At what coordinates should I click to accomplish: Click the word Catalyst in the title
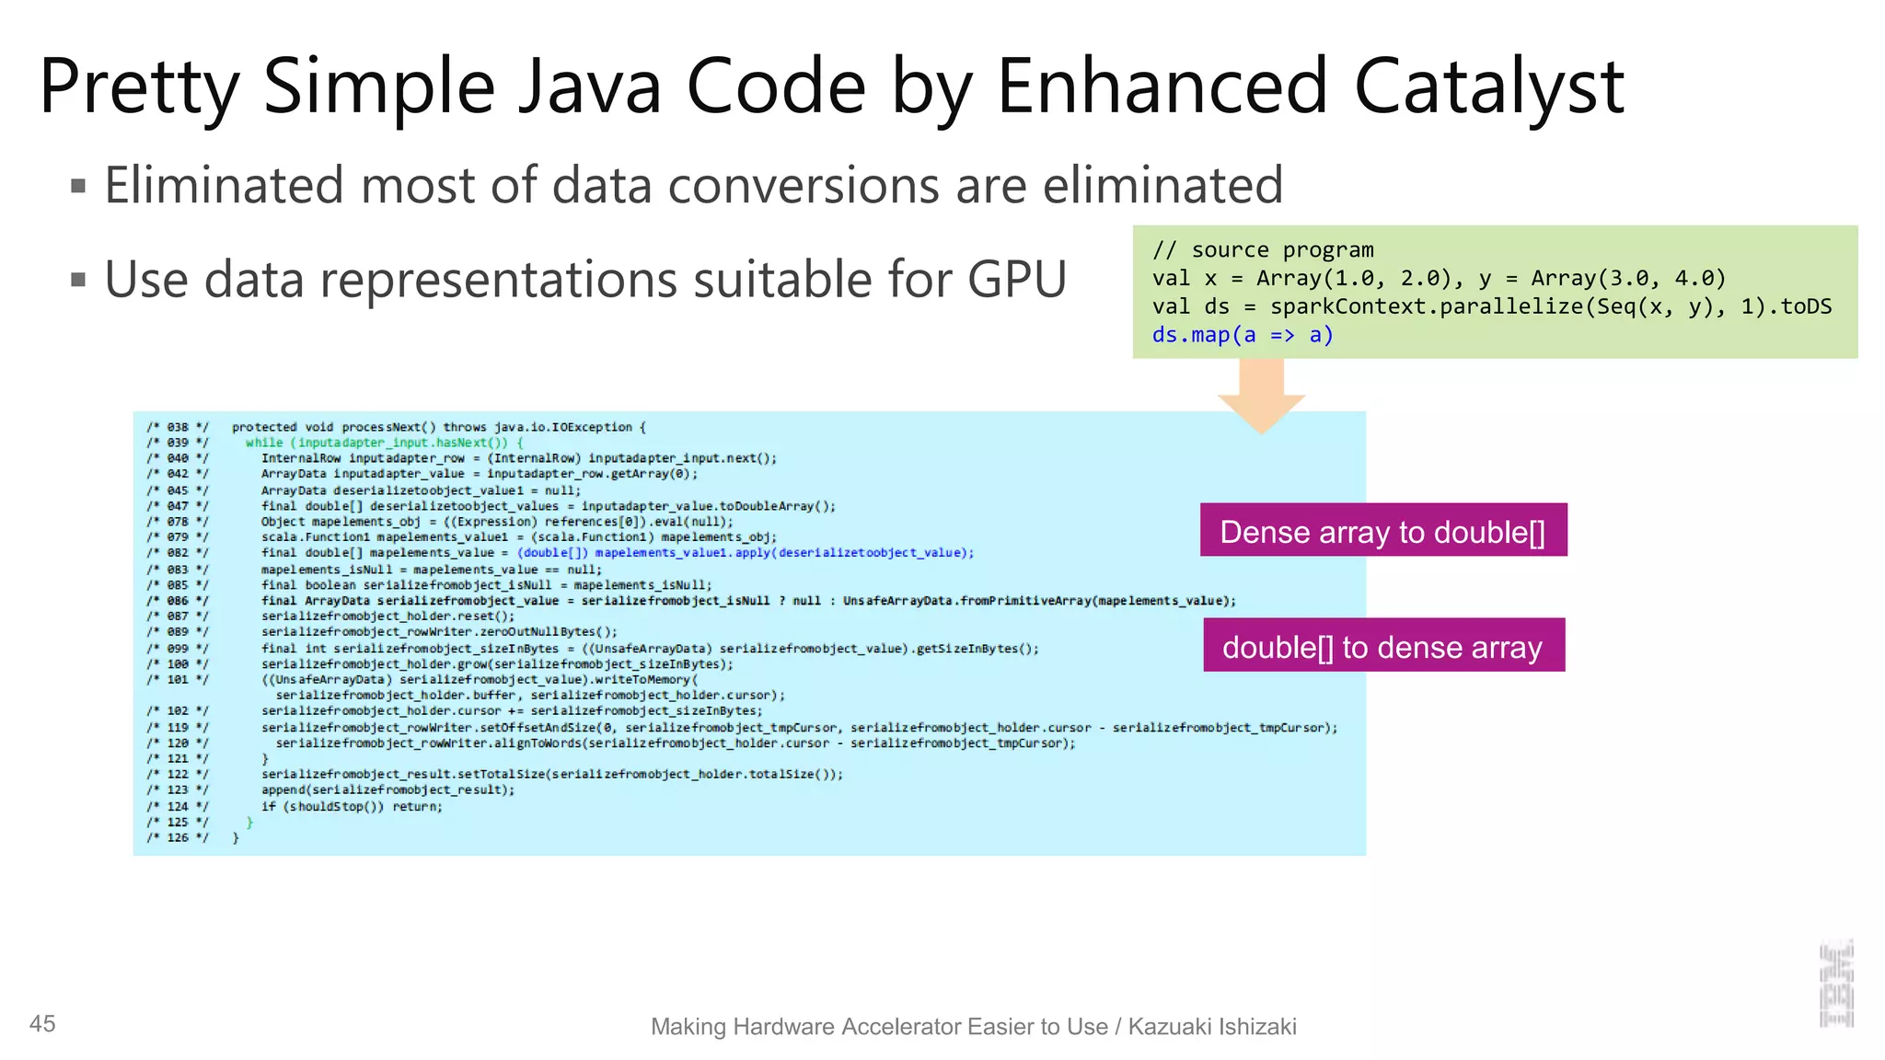[1488, 87]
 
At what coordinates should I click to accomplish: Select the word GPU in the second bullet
[1016, 280]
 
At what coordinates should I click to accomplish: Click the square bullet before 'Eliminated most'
[78, 187]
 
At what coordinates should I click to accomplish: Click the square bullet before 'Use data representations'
[78, 280]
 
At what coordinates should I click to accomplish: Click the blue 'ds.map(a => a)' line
[1242, 335]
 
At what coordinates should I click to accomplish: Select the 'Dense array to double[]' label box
[1382, 531]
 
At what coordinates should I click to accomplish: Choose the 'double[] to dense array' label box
[1382, 646]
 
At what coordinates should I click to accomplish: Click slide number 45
[42, 1023]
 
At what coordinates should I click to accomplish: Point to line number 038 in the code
[178, 427]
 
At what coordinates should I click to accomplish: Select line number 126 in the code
[178, 837]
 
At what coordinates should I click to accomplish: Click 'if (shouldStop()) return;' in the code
[352, 806]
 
